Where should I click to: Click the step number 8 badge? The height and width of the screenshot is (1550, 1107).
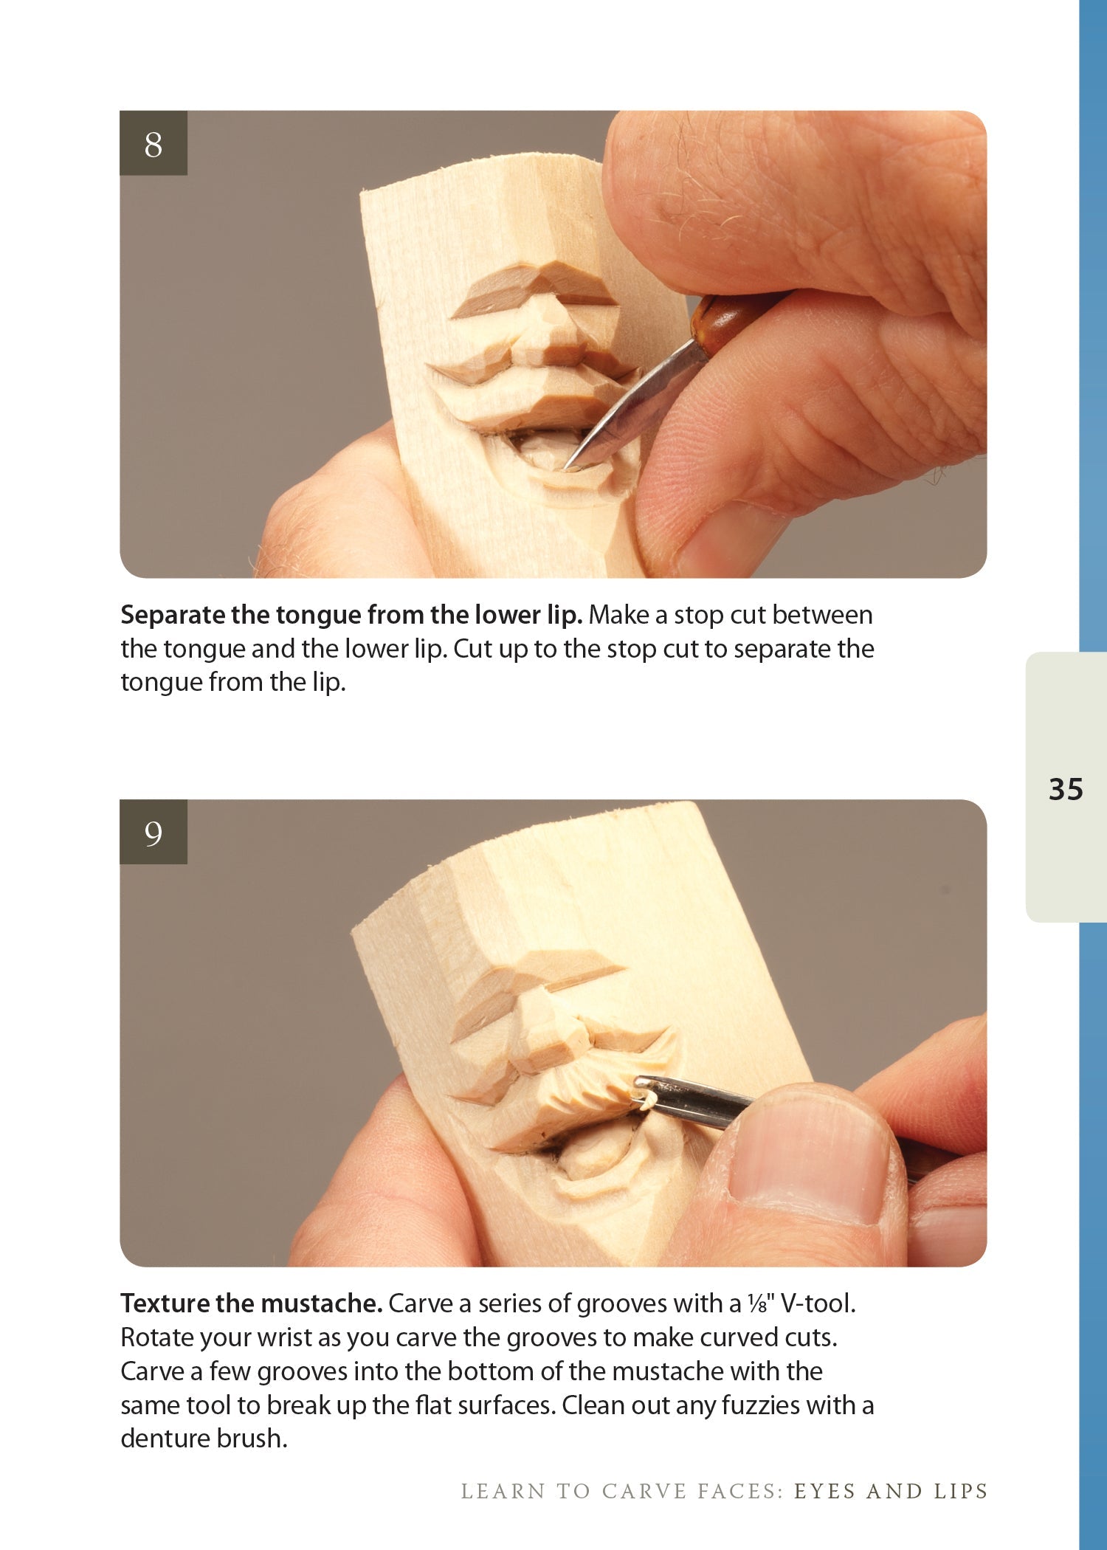click(x=153, y=143)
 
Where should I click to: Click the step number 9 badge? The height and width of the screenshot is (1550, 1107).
click(x=153, y=832)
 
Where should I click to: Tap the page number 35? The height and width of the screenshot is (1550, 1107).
click(x=1065, y=789)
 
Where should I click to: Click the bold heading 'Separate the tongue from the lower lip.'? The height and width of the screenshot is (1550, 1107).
click(x=351, y=614)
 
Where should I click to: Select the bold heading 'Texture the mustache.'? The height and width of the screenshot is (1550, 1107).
click(x=251, y=1303)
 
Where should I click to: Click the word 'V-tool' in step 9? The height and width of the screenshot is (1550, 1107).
click(x=816, y=1303)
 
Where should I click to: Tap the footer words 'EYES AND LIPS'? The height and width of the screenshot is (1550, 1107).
click(x=890, y=1491)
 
